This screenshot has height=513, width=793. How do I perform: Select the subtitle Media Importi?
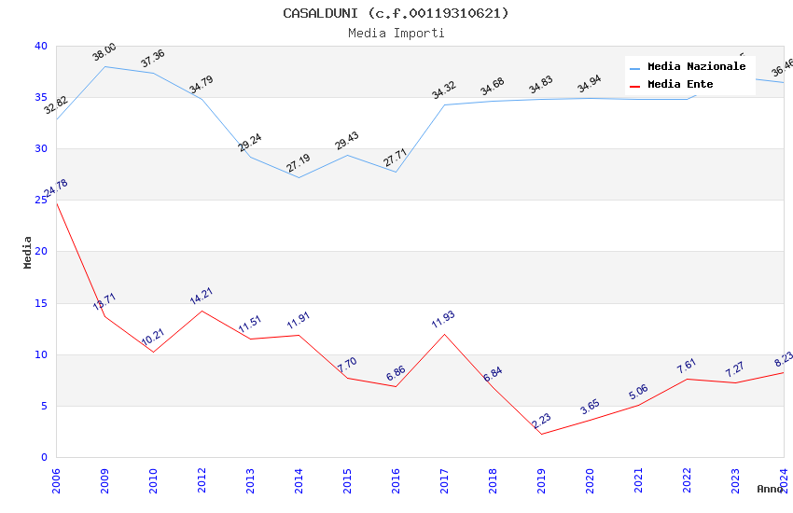tap(396, 33)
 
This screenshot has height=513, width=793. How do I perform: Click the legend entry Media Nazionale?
tap(696, 66)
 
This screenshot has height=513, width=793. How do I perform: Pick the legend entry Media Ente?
tap(680, 84)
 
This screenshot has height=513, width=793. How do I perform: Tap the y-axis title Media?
tap(28, 252)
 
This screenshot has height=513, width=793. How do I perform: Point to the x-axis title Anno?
tap(770, 489)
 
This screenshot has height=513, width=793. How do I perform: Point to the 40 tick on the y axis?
tap(40, 46)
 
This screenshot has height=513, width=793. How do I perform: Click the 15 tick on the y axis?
tap(40, 303)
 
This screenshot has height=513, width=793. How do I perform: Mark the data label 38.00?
tap(104, 52)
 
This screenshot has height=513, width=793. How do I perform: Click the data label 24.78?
tap(56, 188)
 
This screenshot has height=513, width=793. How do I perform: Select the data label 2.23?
tap(541, 421)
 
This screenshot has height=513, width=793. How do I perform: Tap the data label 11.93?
tap(444, 321)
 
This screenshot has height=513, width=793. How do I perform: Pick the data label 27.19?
tap(299, 164)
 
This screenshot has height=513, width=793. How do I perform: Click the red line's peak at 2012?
tap(202, 311)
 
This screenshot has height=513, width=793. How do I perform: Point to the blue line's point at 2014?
tap(299, 177)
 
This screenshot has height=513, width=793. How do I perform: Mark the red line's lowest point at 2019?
tap(541, 434)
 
